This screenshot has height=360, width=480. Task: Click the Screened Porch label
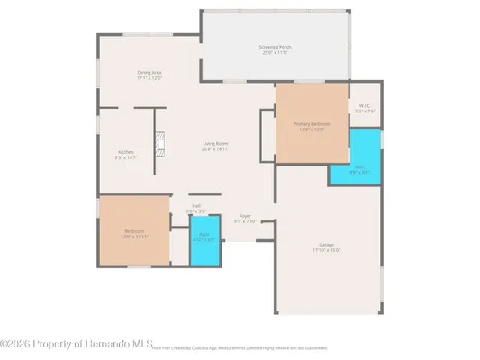(x=275, y=47)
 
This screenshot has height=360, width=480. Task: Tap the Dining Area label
(x=149, y=73)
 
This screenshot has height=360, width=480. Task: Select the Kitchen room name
(x=126, y=152)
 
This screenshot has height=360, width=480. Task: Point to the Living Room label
(x=213, y=143)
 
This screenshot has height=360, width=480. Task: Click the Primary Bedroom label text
(x=310, y=124)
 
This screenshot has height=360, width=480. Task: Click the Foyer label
(x=245, y=216)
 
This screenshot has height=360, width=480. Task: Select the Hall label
(x=196, y=206)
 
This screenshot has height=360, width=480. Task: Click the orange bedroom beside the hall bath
(x=133, y=232)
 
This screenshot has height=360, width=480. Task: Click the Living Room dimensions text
(x=213, y=148)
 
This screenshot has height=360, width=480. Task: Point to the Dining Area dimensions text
(x=149, y=78)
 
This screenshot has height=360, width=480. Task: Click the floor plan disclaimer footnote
(x=239, y=346)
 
